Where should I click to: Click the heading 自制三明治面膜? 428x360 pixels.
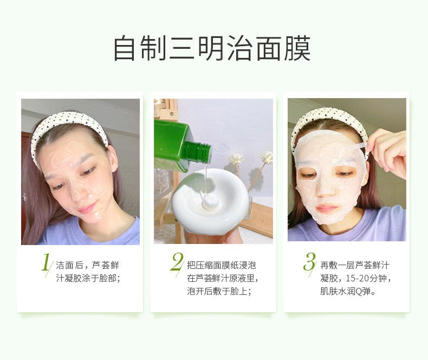[x=212, y=48]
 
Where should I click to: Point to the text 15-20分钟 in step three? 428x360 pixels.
[x=366, y=278]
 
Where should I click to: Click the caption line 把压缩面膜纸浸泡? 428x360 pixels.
[x=222, y=265]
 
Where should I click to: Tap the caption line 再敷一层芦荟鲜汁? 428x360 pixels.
[x=355, y=265]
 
